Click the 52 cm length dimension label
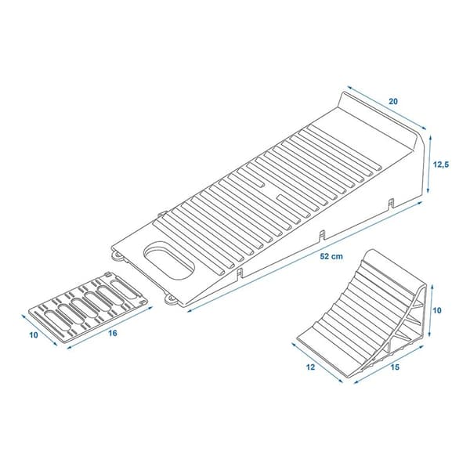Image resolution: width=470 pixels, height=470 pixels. point(331,256)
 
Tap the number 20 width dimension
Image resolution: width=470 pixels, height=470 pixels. point(393,102)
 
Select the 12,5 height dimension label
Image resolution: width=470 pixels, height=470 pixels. point(441,164)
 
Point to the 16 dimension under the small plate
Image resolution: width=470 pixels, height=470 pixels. point(113,333)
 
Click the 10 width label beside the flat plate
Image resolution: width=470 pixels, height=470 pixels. point(34,334)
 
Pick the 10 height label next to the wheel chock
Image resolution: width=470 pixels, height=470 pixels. point(437,310)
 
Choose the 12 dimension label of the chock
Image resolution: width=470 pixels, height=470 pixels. point(311,367)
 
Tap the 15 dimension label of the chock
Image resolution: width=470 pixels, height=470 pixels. point(395,367)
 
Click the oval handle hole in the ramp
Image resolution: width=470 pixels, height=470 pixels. point(168,261)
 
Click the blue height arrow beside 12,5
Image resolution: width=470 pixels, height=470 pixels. point(429,164)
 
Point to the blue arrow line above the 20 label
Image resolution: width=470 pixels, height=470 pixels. point(386,108)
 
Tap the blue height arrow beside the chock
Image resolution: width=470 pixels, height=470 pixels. point(431,311)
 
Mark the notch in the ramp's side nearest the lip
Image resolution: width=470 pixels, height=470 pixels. point(391,203)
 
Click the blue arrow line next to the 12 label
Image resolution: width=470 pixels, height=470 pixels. point(316,363)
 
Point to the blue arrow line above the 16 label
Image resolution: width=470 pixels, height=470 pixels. point(110,327)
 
